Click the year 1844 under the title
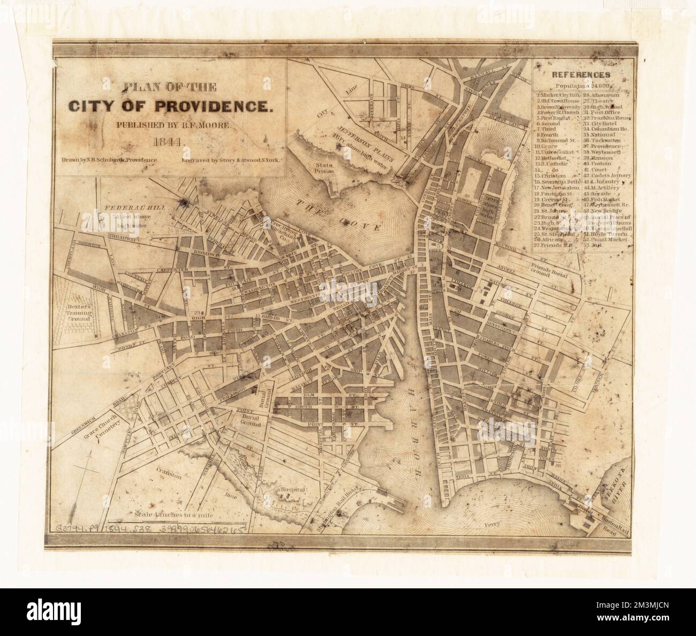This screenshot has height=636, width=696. (168, 143)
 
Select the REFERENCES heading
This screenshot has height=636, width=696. (582, 75)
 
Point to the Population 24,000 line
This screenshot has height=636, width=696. (581, 86)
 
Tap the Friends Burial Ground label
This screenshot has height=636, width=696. (551, 269)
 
